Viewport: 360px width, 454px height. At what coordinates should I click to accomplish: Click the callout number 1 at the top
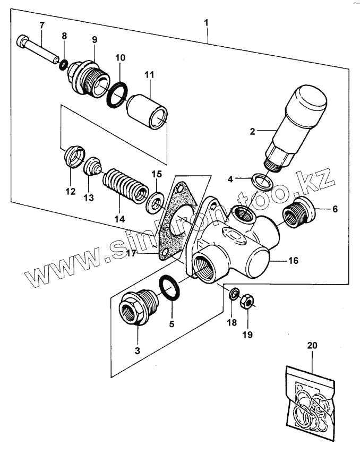[x=206, y=23]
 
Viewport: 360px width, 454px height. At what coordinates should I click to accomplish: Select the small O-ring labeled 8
[x=63, y=65]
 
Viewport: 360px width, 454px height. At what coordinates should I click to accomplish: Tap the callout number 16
[x=293, y=261]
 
